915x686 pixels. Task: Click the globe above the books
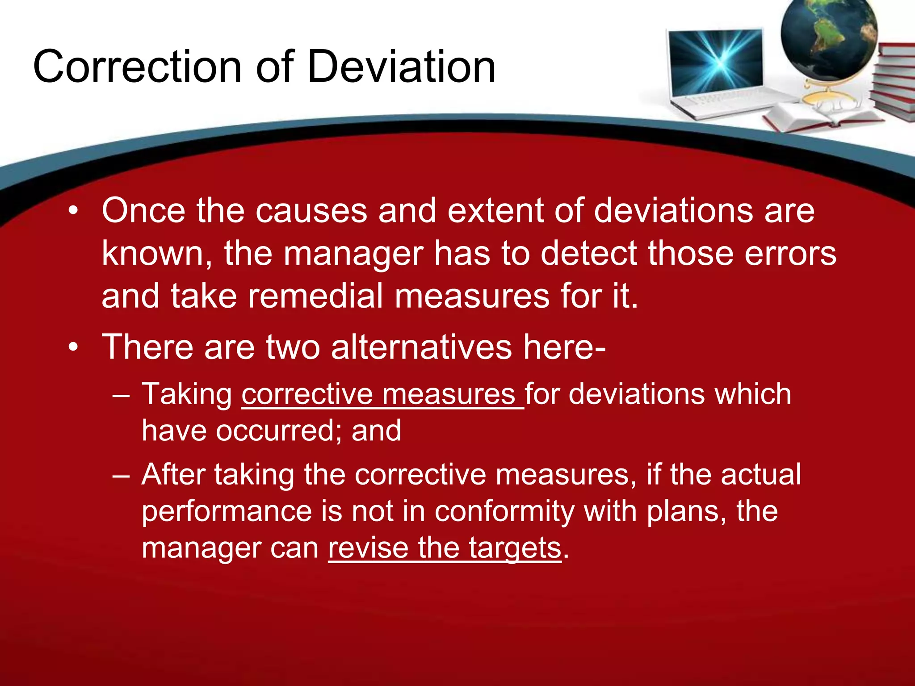[x=829, y=40]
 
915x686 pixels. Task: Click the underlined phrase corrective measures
[x=382, y=394]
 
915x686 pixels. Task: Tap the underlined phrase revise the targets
[x=445, y=548]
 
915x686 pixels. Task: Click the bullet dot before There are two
[x=73, y=347]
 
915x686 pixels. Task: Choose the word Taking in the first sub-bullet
[x=187, y=394]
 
